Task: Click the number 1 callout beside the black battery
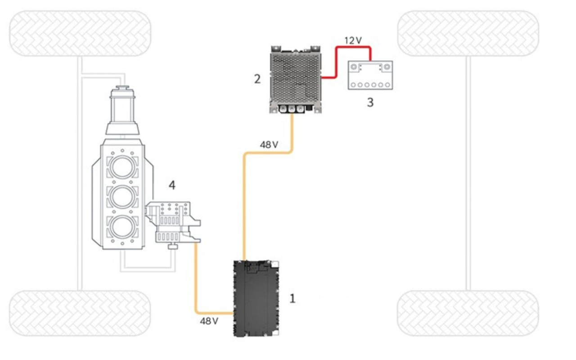292,298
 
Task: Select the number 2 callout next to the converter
257,79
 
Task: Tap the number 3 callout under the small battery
370,102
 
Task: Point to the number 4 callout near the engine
172,185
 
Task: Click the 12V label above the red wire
353,40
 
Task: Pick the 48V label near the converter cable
269,145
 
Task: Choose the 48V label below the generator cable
209,321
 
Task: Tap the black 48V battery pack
256,298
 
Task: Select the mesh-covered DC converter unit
295,80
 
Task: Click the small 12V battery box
370,75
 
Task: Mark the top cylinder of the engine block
122,166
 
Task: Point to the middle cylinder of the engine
122,197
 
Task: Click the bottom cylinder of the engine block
122,227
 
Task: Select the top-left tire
80,33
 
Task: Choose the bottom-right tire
468,313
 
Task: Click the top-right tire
468,33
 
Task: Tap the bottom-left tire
80,313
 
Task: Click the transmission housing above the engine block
122,111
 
